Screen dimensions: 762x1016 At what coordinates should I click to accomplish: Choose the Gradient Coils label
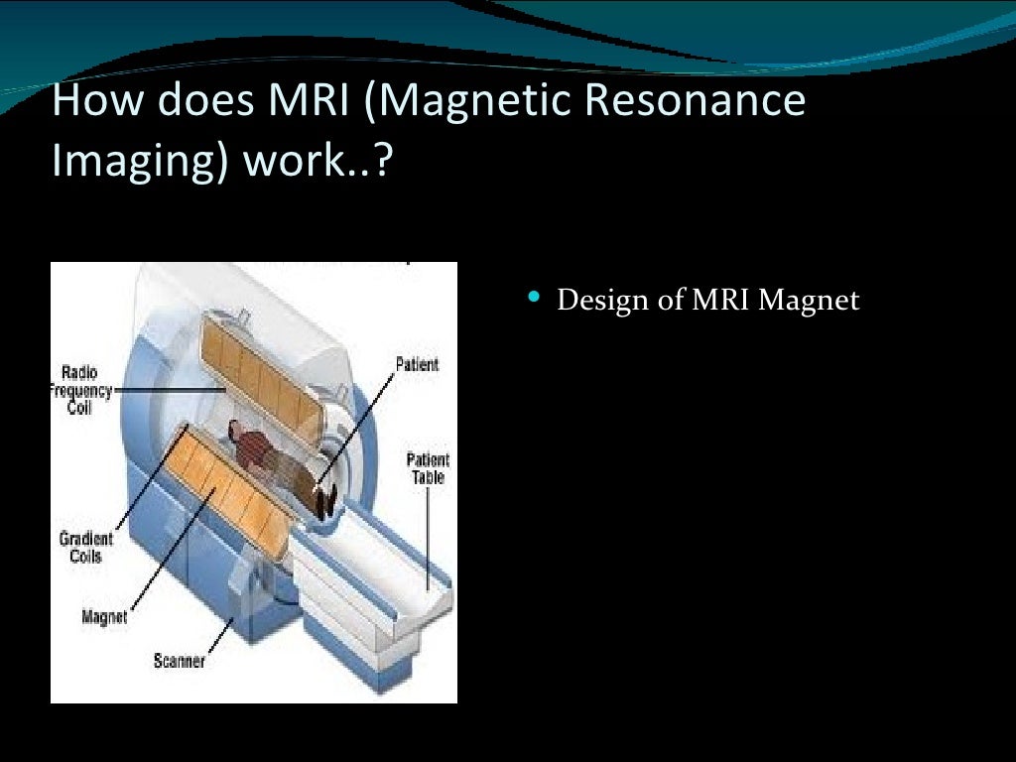tap(86, 548)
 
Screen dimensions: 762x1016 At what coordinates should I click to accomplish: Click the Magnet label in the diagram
tap(104, 617)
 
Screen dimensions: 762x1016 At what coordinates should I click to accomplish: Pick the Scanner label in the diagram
tap(179, 660)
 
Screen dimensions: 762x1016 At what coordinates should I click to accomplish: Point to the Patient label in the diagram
tap(417, 365)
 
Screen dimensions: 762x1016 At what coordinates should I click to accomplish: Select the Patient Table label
tap(428, 468)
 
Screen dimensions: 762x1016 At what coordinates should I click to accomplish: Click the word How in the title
tap(87, 102)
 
